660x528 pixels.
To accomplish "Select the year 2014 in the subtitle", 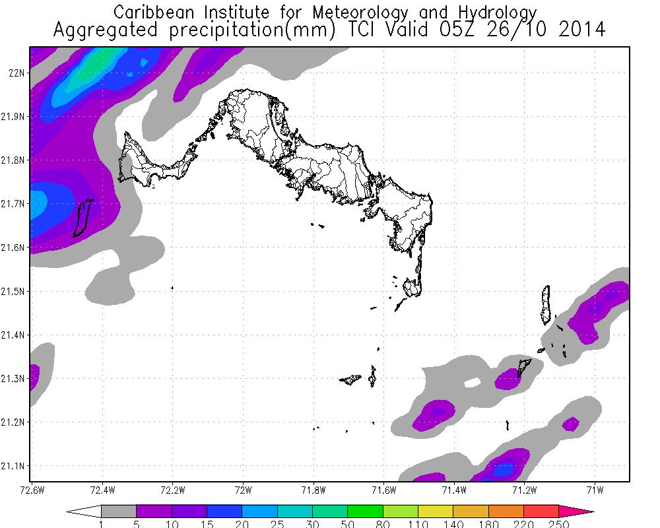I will pyautogui.click(x=578, y=30).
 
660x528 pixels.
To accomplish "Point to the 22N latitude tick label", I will pyautogui.click(x=17, y=73).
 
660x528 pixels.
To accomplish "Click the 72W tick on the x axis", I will pyautogui.click(x=243, y=490).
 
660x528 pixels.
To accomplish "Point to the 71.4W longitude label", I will pyautogui.click(x=454, y=490).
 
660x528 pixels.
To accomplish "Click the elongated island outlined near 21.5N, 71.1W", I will pyautogui.click(x=546, y=304).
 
